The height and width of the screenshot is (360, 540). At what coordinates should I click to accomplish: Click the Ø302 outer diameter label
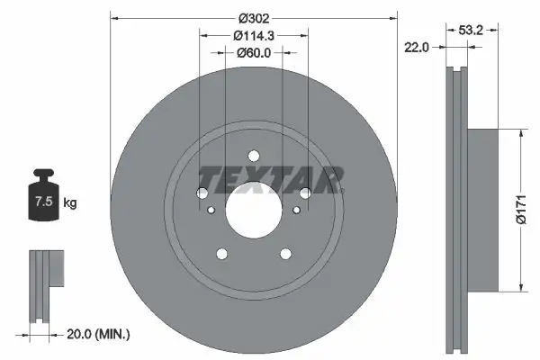pyautogui.click(x=253, y=18)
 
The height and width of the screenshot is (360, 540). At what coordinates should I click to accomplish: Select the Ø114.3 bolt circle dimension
pyautogui.click(x=253, y=36)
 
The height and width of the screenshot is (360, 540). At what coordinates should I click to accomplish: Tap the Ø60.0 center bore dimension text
pyautogui.click(x=253, y=53)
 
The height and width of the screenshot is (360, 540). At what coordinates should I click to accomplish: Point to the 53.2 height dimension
pyautogui.click(x=472, y=30)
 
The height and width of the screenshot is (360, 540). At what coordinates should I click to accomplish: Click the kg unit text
pyautogui.click(x=70, y=203)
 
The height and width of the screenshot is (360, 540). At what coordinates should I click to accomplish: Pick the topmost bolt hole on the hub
pyautogui.click(x=253, y=154)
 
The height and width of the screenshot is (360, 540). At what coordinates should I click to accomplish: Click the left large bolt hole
pyautogui.click(x=202, y=193)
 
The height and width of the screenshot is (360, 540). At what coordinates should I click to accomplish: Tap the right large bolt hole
pyautogui.click(x=305, y=193)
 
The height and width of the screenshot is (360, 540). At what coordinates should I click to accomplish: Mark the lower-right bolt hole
pyautogui.click(x=285, y=254)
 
